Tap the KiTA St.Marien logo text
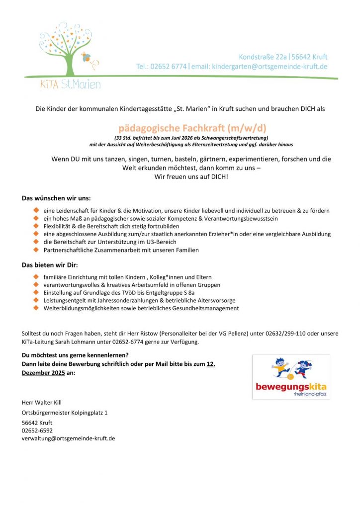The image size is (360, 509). coord(70,85)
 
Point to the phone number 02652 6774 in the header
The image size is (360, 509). coord(169,67)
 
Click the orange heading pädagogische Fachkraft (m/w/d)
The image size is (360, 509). coord(192,128)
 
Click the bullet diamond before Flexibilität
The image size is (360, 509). coord(36,226)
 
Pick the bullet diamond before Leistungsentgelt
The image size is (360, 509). coord(36,300)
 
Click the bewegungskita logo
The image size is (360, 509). coord(291,377)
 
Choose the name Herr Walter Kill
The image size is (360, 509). coord(42,402)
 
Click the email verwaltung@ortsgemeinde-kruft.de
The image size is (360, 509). coord(68,438)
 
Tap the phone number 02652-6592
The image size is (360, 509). coord(37,430)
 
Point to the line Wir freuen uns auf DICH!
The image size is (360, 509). coord(191,176)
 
